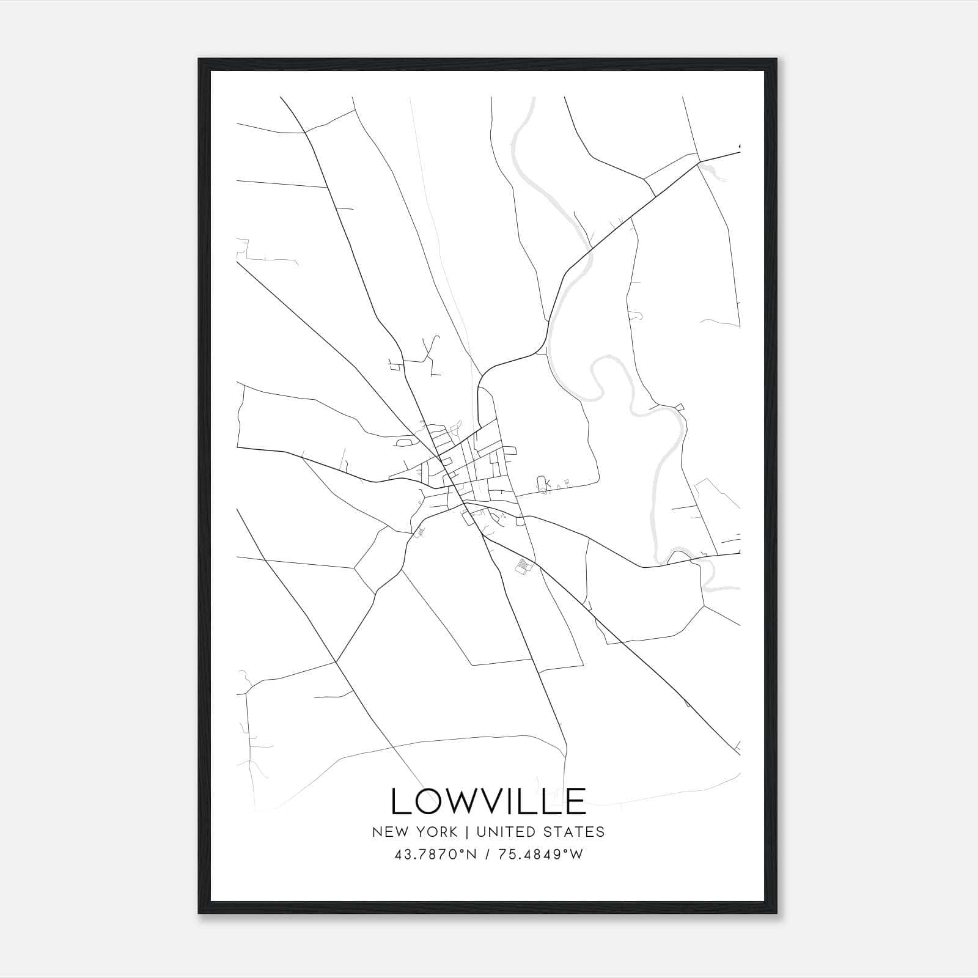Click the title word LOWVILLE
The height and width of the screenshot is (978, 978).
pos(488,801)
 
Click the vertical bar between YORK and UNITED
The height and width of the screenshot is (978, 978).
pos(466,832)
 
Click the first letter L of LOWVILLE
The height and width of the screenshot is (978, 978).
pos(400,801)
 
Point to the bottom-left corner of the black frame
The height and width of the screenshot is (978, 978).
pos(199,913)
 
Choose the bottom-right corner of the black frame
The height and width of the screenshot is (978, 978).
pos(776,913)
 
